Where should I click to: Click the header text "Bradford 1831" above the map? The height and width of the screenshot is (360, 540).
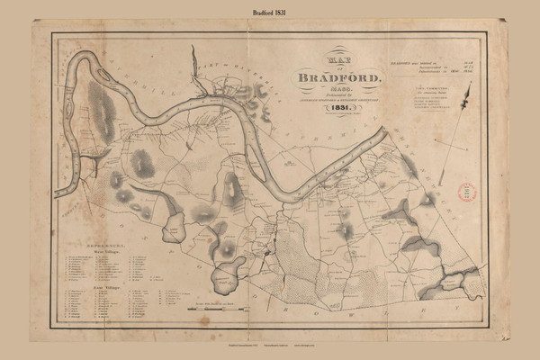click(x=269, y=11)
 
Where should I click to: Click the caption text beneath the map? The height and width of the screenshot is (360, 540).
click(x=269, y=345)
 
